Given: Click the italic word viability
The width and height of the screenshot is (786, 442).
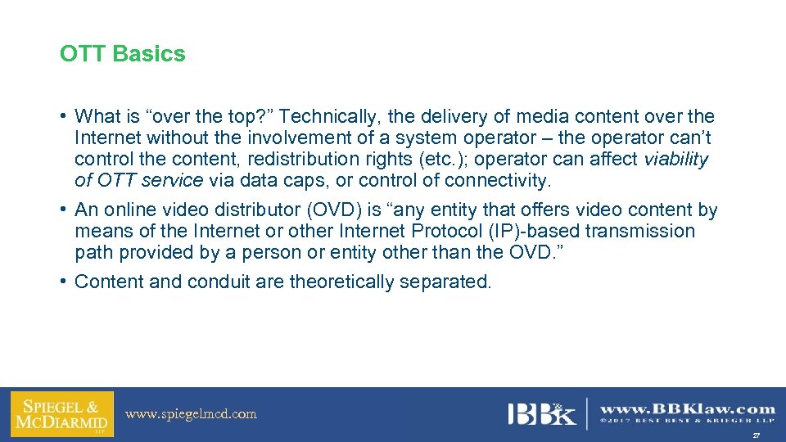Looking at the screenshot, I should click(676, 159).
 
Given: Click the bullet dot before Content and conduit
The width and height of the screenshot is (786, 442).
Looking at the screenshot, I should click(63, 282).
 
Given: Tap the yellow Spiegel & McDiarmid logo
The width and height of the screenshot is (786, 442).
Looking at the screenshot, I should click(62, 414).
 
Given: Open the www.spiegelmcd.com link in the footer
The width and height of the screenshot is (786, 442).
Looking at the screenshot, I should click(191, 414).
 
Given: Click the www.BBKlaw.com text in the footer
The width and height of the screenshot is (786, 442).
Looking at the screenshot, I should click(688, 408).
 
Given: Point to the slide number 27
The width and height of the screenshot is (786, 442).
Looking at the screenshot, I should click(756, 434).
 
